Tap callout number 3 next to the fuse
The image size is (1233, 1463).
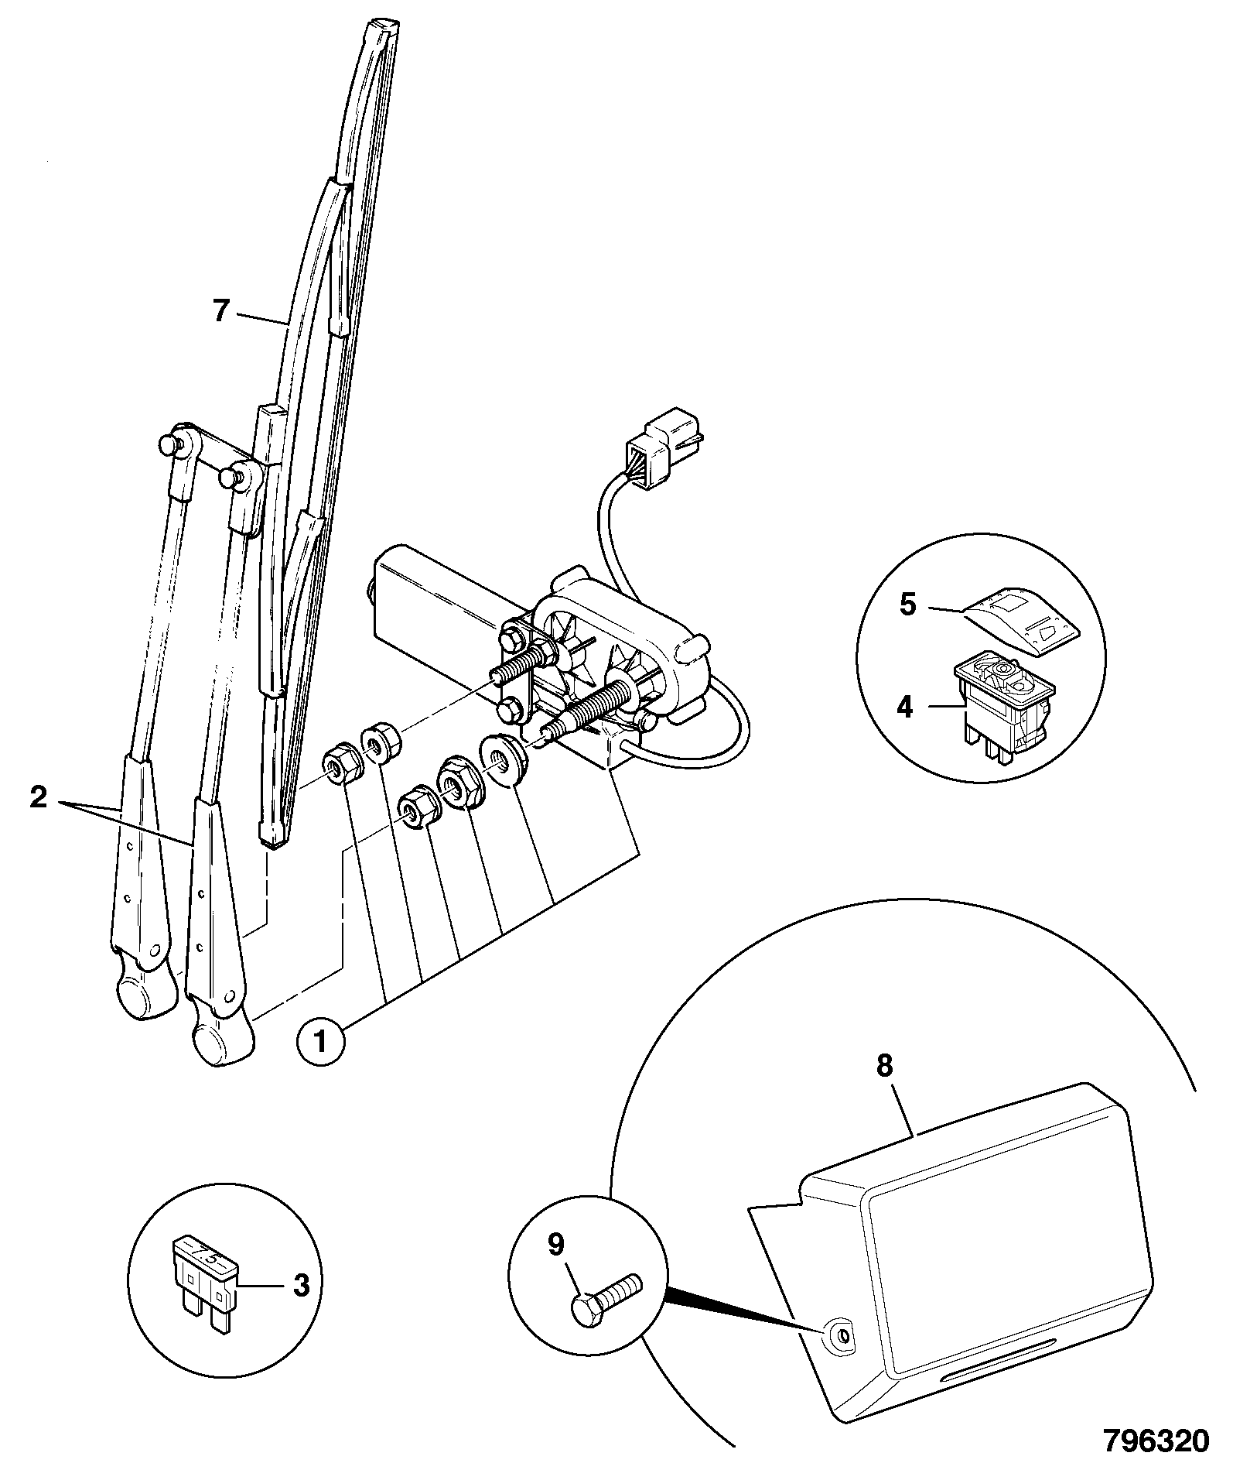[x=301, y=1286]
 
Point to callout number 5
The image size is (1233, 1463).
[x=908, y=605]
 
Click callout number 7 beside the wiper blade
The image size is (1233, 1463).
[x=222, y=311]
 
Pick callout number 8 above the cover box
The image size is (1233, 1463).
[x=884, y=1067]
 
